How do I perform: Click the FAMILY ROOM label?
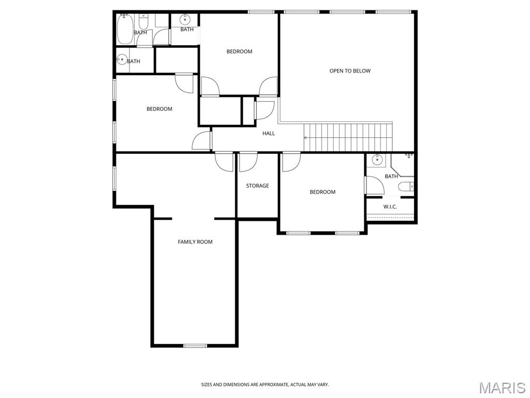(x=195, y=241)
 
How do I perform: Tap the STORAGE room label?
(x=257, y=186)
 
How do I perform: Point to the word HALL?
(x=269, y=133)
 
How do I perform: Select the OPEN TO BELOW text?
(x=350, y=70)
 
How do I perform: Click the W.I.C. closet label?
(x=390, y=206)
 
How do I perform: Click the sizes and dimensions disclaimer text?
(x=265, y=385)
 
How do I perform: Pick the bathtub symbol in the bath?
(x=125, y=29)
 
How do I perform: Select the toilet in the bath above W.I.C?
(x=406, y=187)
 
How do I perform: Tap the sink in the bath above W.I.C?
(x=376, y=159)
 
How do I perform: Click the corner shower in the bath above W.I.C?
(x=403, y=165)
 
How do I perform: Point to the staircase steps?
(x=348, y=137)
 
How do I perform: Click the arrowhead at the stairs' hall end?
(x=305, y=138)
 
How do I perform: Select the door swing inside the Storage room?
(x=248, y=162)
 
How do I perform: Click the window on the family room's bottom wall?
(x=195, y=346)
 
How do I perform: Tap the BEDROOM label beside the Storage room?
(x=322, y=192)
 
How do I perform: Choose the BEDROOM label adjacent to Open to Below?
(x=239, y=51)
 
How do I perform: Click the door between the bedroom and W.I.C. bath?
(x=374, y=185)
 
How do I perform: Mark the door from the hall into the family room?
(x=224, y=162)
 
